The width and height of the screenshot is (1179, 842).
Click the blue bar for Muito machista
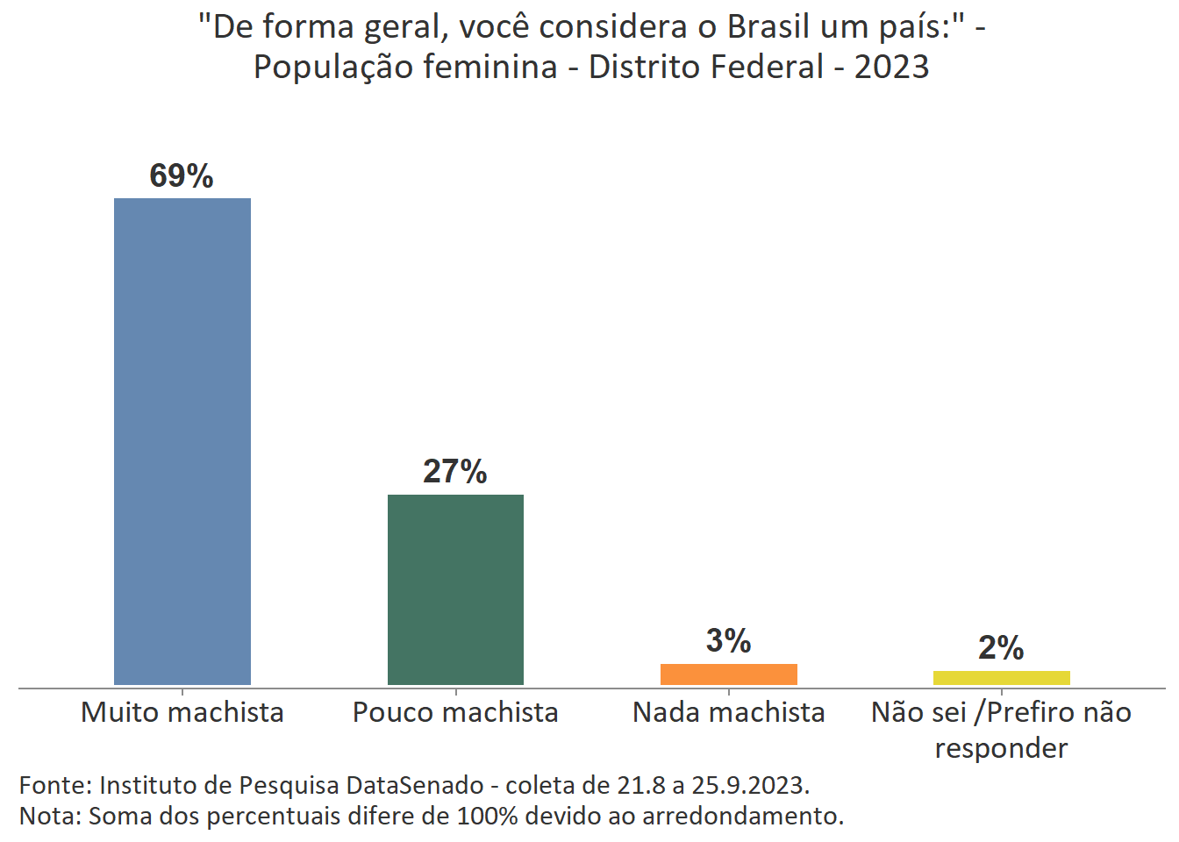click(182, 441)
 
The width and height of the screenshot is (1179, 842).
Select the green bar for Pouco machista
click(455, 589)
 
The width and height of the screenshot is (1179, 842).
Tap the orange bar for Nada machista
click(728, 674)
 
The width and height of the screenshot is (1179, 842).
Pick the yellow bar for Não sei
click(1001, 678)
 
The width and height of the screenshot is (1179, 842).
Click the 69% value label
click(182, 176)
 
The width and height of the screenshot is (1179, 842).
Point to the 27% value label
click(455, 472)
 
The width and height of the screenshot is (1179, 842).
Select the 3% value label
click(728, 641)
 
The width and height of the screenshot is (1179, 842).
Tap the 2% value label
click(1001, 648)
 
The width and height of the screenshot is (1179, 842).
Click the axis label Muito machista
click(182, 712)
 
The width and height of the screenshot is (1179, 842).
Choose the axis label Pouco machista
click(455, 712)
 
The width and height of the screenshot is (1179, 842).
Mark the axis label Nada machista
click(728, 712)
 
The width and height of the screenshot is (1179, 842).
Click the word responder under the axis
click(1001, 748)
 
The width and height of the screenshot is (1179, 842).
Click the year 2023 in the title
click(891, 68)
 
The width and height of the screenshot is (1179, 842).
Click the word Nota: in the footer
click(50, 816)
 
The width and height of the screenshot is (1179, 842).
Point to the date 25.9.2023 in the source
click(750, 784)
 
